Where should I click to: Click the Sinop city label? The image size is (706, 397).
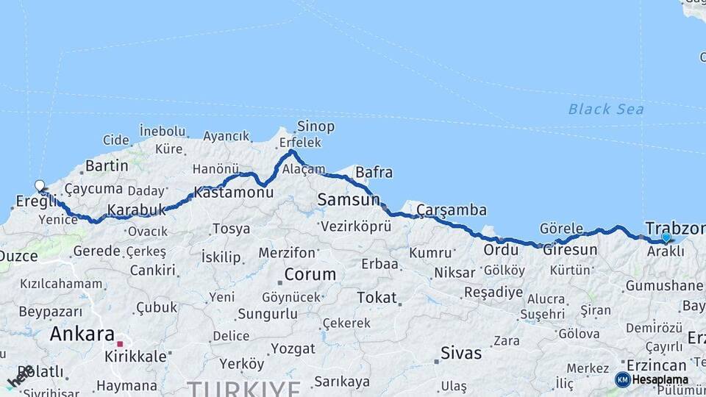click(315, 126)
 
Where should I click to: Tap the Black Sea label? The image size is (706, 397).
click(606, 110)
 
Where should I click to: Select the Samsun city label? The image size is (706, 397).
click(348, 199)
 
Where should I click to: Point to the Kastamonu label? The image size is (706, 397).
click(233, 193)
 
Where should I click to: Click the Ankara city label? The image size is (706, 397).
click(82, 335)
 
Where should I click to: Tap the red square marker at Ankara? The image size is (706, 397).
click(120, 343)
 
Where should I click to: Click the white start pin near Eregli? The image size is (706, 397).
click(40, 187)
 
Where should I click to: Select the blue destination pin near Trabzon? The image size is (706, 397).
click(666, 237)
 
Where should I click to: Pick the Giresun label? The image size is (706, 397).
click(570, 250)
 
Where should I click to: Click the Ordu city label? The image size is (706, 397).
click(500, 250)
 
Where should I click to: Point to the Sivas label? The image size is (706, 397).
click(461, 353)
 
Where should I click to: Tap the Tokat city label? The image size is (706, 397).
click(377, 298)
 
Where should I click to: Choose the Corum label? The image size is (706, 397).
click(310, 274)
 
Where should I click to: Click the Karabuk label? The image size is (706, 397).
click(137, 210)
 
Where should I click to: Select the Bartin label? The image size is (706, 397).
click(107, 165)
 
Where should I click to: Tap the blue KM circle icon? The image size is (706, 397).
click(623, 379)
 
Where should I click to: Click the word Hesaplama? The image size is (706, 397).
click(660, 379)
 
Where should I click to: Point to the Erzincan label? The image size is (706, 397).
click(657, 365)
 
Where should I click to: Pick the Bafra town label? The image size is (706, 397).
click(374, 173)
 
